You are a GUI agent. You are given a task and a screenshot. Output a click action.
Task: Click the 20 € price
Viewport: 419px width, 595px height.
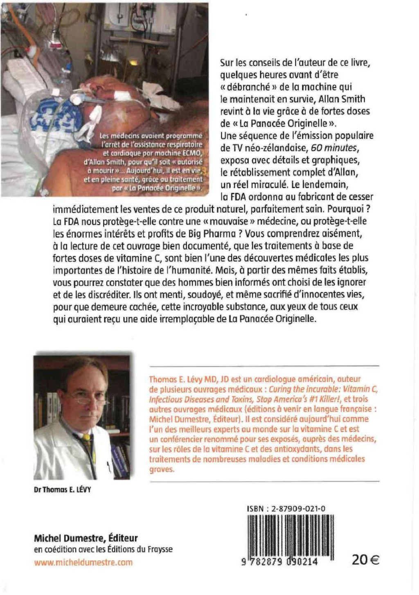coord(365,559)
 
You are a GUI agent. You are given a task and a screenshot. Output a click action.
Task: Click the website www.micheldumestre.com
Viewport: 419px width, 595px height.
coord(83,562)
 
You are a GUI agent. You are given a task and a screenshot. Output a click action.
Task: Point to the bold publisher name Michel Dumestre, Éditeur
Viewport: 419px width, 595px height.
coord(86,538)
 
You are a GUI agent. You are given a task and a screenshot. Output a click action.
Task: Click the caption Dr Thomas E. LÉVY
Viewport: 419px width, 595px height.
coord(62,489)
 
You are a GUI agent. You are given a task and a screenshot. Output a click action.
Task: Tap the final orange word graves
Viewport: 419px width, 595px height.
coord(162,469)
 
